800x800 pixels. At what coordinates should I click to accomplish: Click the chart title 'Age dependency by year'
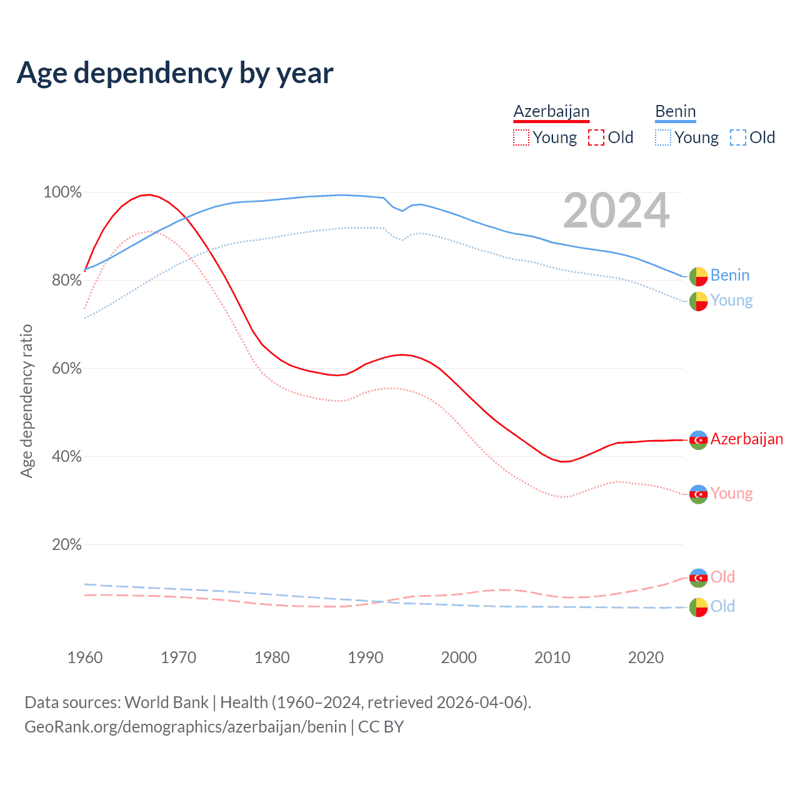[x=175, y=73]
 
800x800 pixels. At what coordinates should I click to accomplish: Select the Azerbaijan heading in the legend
[x=551, y=112]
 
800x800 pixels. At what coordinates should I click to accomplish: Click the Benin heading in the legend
[x=675, y=112]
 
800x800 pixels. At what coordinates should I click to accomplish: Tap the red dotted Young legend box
[x=521, y=137]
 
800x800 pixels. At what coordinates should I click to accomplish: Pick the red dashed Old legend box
[x=596, y=137]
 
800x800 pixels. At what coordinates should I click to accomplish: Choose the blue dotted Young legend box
[x=663, y=137]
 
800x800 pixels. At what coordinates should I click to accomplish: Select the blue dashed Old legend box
[x=738, y=137]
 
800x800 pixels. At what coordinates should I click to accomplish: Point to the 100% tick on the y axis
[x=62, y=192]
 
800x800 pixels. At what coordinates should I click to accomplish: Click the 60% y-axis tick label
[x=66, y=369]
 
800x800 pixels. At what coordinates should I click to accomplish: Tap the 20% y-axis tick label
[x=66, y=545]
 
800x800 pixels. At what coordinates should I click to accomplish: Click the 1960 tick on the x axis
[x=85, y=657]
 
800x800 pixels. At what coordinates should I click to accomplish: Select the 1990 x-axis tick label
[x=366, y=657]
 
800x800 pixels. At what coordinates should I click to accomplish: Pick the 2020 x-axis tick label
[x=646, y=657]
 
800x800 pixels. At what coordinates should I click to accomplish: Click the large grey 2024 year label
[x=616, y=211]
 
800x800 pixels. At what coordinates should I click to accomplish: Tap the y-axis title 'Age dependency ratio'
[x=26, y=401]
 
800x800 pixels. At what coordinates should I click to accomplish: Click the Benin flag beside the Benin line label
[x=698, y=276]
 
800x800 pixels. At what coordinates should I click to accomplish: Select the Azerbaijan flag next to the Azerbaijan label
[x=698, y=440]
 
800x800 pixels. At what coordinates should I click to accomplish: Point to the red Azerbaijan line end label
[x=746, y=439]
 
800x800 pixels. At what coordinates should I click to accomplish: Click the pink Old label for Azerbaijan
[x=722, y=577]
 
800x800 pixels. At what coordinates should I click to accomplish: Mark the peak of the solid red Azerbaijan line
[x=149, y=194]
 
